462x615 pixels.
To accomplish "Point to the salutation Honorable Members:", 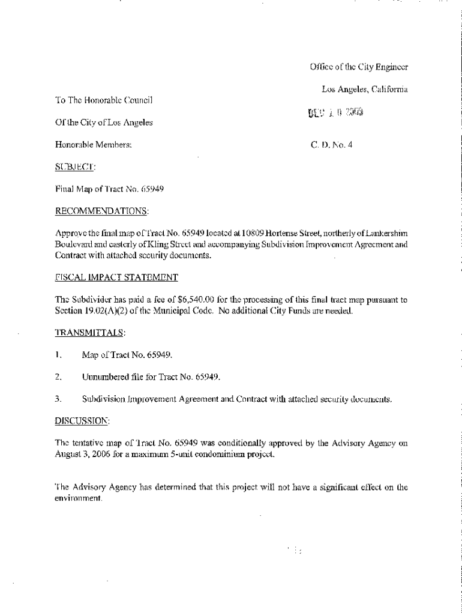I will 92,145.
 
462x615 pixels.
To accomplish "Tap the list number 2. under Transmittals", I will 58,377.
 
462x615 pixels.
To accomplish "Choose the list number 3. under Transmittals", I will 58,399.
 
